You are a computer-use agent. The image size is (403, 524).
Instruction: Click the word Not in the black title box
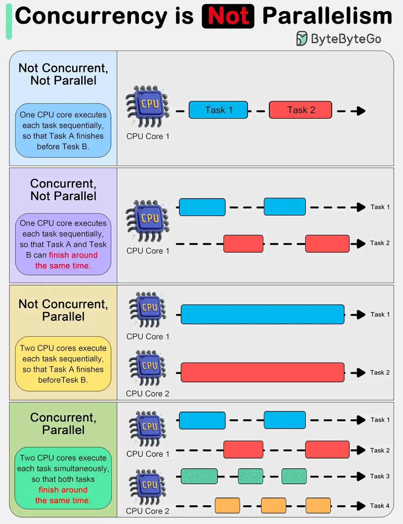[228, 16]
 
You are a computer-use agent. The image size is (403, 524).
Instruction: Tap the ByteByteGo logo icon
[301, 39]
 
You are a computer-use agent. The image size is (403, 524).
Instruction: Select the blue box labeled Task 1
[218, 110]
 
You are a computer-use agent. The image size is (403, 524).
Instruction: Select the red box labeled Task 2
[300, 110]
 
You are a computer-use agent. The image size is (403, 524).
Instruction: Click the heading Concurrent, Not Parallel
[63, 190]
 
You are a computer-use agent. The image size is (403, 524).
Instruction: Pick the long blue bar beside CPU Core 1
[262, 314]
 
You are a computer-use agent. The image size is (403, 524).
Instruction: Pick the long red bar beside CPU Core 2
[262, 373]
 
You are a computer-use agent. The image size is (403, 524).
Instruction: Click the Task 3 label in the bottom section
[380, 476]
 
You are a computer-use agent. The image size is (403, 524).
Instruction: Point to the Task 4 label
[380, 506]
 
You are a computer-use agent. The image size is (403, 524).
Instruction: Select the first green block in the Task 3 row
[199, 476]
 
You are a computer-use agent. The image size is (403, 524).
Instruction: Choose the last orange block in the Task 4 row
[318, 506]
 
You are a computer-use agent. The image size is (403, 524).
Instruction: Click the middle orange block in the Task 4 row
[273, 506]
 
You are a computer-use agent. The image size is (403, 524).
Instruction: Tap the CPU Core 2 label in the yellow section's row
[147, 394]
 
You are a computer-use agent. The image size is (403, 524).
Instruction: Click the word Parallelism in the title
[327, 16]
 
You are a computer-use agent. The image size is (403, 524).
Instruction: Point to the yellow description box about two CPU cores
[63, 364]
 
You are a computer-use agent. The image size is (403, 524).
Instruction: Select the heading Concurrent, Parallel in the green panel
[63, 424]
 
